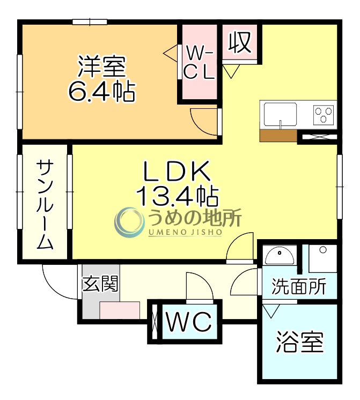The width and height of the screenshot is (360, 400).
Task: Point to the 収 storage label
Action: (240, 42)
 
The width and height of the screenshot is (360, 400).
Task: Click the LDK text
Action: (175, 172)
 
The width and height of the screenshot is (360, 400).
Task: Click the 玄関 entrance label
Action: (100, 284)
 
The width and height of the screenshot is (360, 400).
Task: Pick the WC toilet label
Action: (188, 322)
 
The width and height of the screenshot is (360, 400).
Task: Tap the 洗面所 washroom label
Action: (299, 287)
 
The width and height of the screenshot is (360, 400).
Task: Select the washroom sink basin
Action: (281, 256)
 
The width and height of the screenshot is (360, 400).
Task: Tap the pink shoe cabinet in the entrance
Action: (119, 310)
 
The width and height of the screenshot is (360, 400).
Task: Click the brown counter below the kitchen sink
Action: (278, 135)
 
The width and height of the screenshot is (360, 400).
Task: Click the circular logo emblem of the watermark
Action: (129, 222)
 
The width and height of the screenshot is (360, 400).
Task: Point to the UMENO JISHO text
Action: (185, 232)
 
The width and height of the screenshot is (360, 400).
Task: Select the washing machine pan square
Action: (323, 258)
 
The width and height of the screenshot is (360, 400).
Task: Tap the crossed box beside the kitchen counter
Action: (318, 136)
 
